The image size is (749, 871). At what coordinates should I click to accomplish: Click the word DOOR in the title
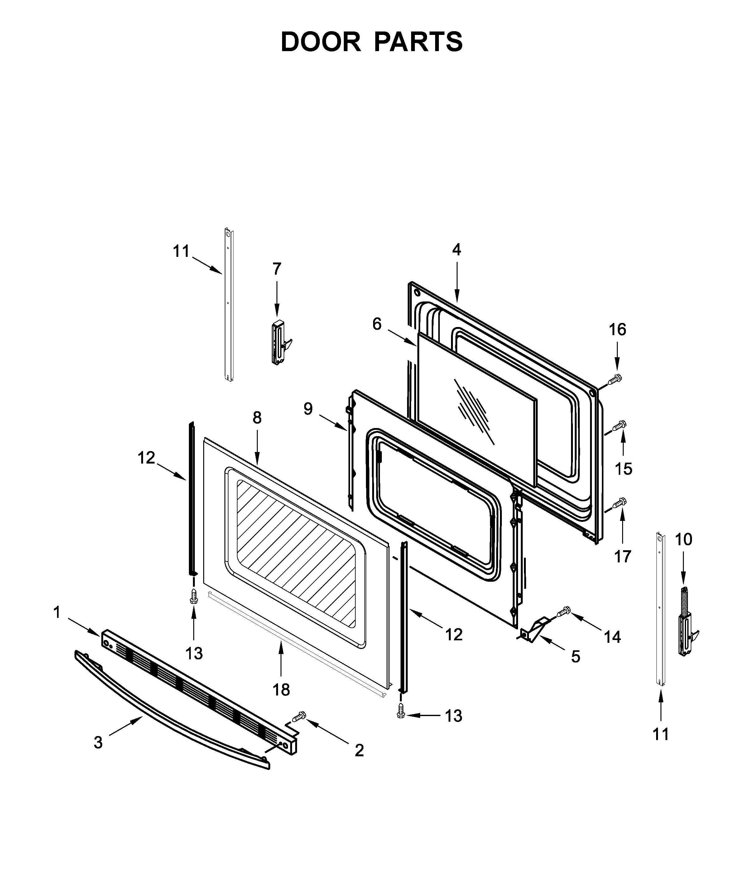(320, 42)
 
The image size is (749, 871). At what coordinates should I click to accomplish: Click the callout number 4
(456, 250)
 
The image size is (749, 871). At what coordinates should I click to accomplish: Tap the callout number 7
(276, 269)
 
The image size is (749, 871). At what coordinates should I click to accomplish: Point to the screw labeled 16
(615, 380)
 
